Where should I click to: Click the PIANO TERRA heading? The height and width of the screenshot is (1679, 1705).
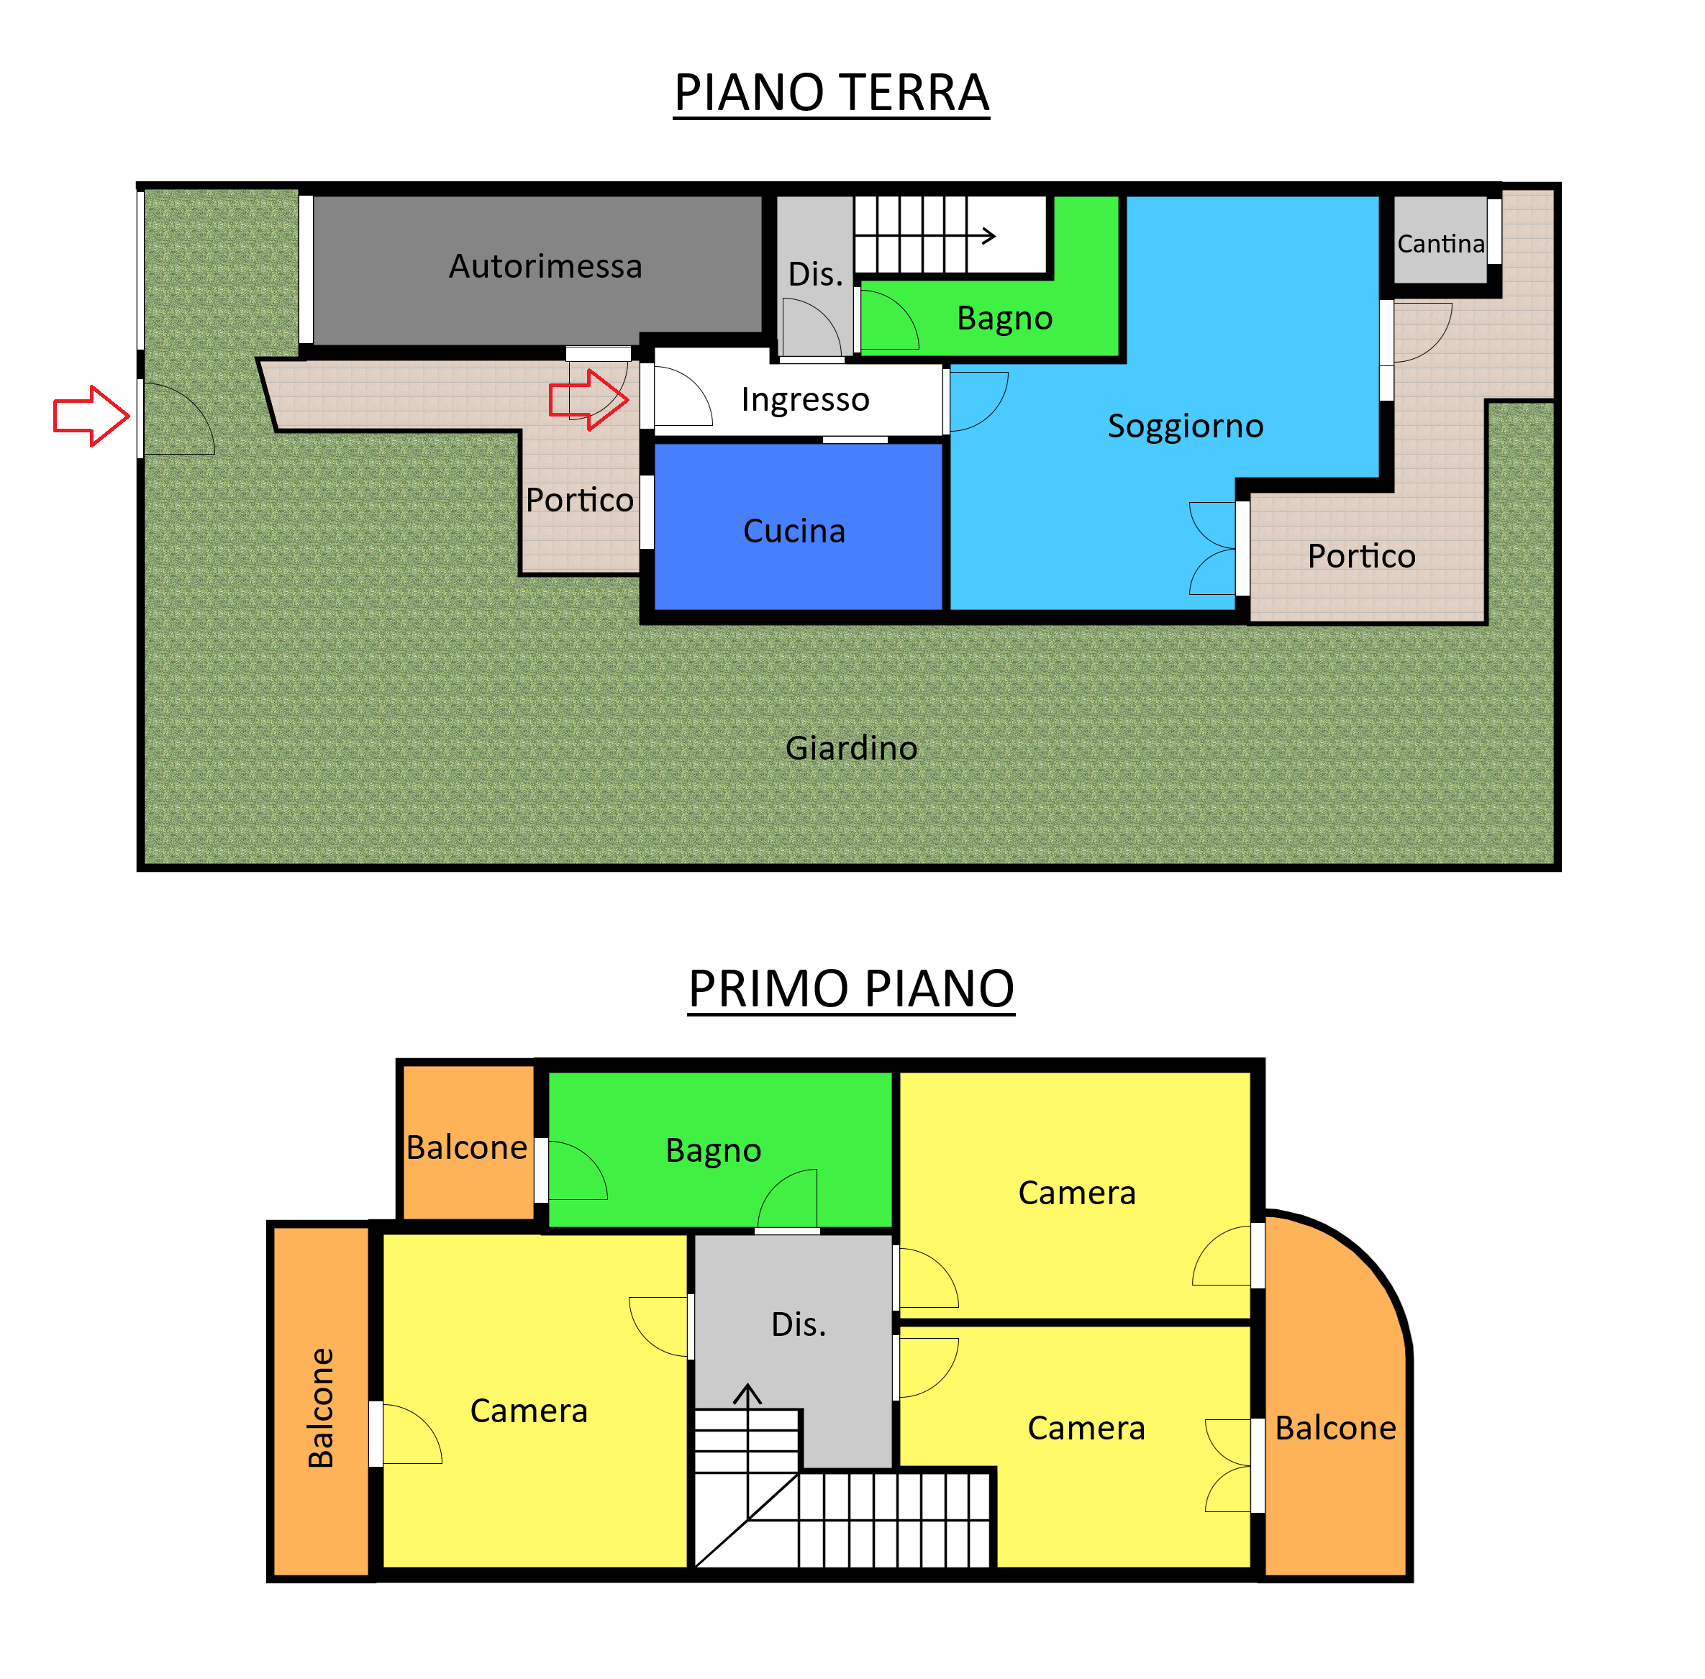pos(831,93)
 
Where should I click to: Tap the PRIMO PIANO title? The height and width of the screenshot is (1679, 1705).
pos(850,988)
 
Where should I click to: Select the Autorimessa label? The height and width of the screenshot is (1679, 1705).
pos(545,266)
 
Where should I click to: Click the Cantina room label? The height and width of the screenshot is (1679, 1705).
pos(1440,243)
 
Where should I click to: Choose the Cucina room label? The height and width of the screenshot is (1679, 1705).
pos(794,532)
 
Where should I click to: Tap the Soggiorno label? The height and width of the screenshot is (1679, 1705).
pos(1185,427)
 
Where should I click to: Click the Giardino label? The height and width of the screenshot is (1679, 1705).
pos(850,749)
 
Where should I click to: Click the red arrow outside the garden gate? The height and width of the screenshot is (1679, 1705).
pos(91,415)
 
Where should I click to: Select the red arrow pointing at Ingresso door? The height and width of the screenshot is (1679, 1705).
pos(588,399)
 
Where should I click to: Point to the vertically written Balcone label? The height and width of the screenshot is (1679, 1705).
pos(320,1407)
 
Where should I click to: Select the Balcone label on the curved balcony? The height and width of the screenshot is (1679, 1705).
pos(1335,1428)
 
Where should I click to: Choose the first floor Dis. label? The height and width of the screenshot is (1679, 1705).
pos(799,1324)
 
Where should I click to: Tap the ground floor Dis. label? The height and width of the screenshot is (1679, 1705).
pos(815,274)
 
